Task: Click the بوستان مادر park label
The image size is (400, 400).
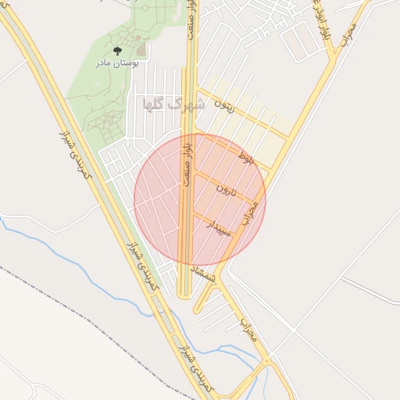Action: point(117,62)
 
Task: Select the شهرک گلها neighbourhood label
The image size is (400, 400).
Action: point(168,104)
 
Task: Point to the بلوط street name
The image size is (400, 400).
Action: point(246,161)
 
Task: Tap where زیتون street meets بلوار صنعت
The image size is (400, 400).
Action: point(195,89)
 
